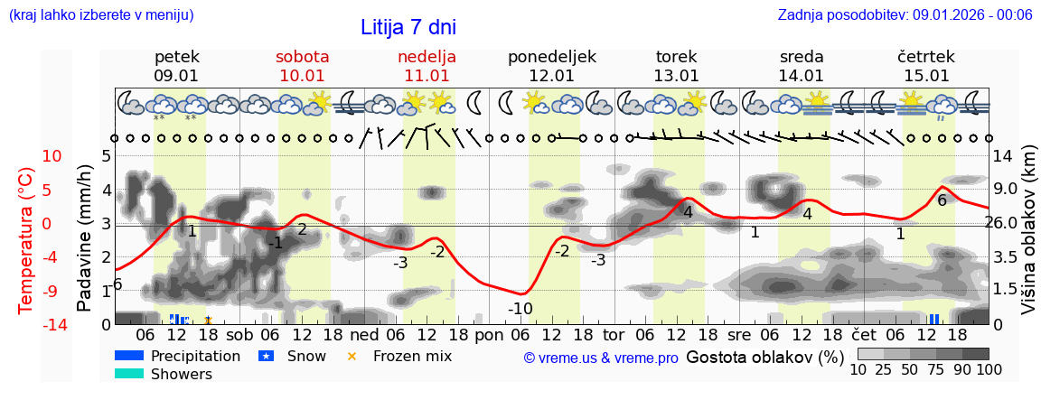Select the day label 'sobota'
[x=302, y=57]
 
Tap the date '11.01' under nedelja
[x=427, y=76]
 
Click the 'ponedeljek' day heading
[x=551, y=57]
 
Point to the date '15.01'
[x=926, y=76]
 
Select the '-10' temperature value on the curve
[x=520, y=309]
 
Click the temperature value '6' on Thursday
[x=942, y=200]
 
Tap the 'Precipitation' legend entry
[x=195, y=356]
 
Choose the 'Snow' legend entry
[x=305, y=356]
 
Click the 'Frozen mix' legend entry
[x=412, y=356]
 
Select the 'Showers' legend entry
[x=181, y=374]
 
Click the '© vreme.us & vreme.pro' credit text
[x=600, y=358]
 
